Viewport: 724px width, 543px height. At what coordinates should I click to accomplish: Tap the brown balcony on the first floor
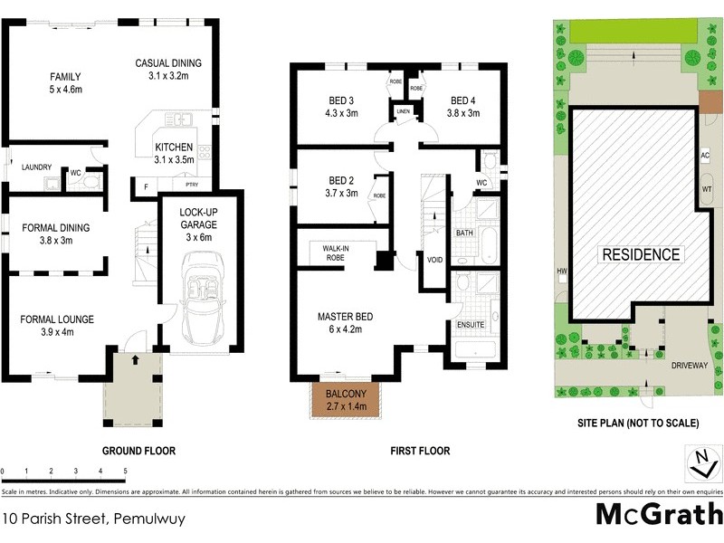click(x=346, y=399)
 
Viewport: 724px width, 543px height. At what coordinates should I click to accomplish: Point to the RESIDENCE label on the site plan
click(x=640, y=254)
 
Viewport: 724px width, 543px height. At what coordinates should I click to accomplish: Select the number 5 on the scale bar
click(x=125, y=472)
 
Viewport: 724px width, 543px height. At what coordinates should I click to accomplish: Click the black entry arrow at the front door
click(x=135, y=360)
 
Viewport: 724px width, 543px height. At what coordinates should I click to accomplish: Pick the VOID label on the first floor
click(x=434, y=261)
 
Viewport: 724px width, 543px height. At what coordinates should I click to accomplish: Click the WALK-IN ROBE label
click(x=336, y=252)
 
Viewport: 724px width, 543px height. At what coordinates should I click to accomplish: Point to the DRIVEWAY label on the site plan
click(x=688, y=368)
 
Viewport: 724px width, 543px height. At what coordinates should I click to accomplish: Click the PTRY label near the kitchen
click(x=191, y=185)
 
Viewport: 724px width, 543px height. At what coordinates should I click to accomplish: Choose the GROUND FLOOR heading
click(x=138, y=450)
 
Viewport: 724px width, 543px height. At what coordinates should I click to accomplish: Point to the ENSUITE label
click(x=472, y=324)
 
